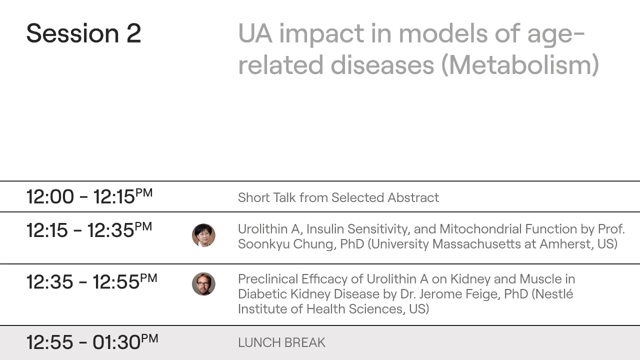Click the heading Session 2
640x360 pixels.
coord(83,33)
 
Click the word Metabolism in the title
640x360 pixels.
coord(520,65)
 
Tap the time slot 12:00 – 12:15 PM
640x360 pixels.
coord(89,196)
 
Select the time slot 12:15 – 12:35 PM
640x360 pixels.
coord(89,230)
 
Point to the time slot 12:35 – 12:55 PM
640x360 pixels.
coord(91,281)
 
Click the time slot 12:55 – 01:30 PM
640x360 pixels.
coord(92,342)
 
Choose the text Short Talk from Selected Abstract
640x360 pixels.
coord(338,197)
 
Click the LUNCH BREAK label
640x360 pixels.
coord(281,342)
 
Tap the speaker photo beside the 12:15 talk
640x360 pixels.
coord(203,235)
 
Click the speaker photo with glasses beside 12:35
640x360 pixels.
coord(203,284)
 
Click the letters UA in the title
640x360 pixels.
coord(255,33)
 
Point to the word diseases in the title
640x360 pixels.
coord(382,65)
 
